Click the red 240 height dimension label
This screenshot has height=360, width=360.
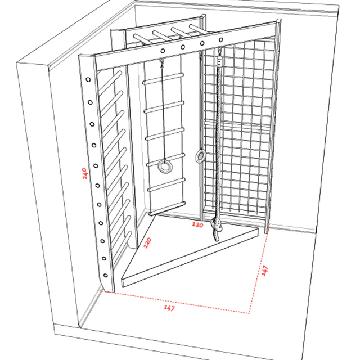point(85,174)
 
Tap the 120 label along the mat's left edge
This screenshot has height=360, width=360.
point(147,242)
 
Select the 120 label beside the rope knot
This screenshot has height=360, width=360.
point(197,225)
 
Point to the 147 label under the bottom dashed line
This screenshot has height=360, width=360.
point(169,308)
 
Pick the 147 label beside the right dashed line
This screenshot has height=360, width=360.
point(265,270)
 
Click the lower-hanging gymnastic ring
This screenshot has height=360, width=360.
point(165,166)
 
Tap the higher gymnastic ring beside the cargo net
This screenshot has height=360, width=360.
point(201,156)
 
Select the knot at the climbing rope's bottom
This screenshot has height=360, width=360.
point(217,229)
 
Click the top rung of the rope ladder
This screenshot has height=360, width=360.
point(163,78)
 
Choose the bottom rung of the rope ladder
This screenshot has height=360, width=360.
point(167,209)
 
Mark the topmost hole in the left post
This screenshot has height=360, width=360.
point(88,80)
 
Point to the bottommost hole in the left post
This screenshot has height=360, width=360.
point(106,275)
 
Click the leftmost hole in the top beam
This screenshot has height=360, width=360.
point(163,51)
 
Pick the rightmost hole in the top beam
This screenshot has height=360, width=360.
point(221,40)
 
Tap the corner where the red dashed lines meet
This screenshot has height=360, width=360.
point(249,313)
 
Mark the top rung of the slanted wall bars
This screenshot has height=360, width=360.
point(110,82)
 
